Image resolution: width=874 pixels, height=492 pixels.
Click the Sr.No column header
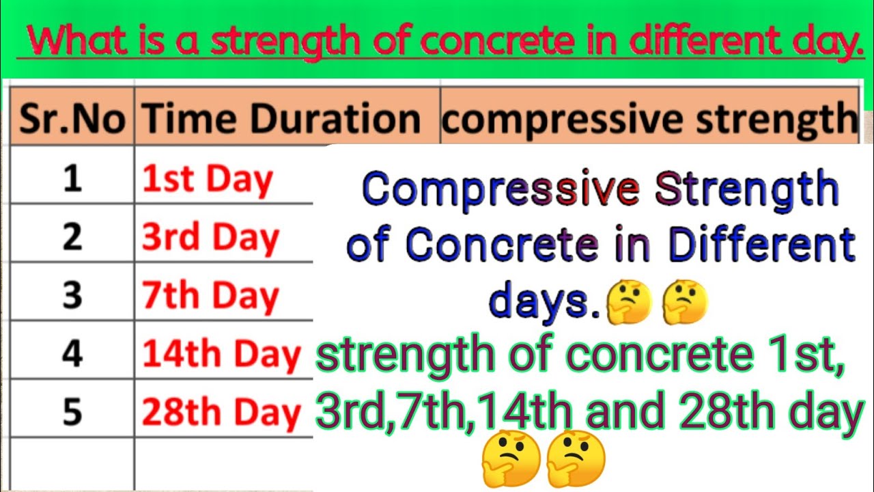(72, 118)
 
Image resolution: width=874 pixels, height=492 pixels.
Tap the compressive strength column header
(648, 118)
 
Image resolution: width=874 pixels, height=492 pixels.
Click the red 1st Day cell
(208, 179)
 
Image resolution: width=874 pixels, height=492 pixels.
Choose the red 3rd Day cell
(210, 238)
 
